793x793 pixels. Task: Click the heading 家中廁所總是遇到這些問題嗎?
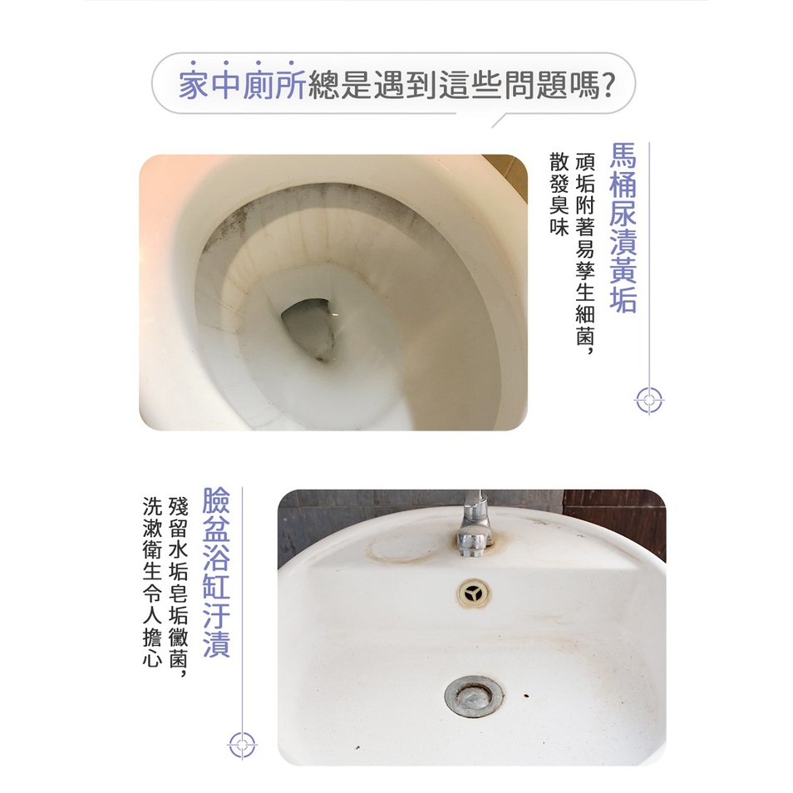tap(397, 85)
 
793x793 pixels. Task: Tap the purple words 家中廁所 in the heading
tap(242, 85)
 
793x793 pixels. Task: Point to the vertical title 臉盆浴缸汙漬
tap(216, 572)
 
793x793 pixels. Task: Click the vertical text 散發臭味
tap(559, 194)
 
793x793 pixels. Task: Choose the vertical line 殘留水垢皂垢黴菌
tap(178, 582)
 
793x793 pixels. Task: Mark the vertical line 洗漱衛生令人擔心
tap(152, 582)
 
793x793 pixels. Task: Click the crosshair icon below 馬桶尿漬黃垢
tap(649, 401)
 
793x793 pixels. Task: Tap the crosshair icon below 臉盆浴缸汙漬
tap(242, 745)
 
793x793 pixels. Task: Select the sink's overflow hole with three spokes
tap(474, 594)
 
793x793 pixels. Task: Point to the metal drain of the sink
tap(475, 697)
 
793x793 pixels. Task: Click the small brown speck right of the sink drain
tap(526, 696)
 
